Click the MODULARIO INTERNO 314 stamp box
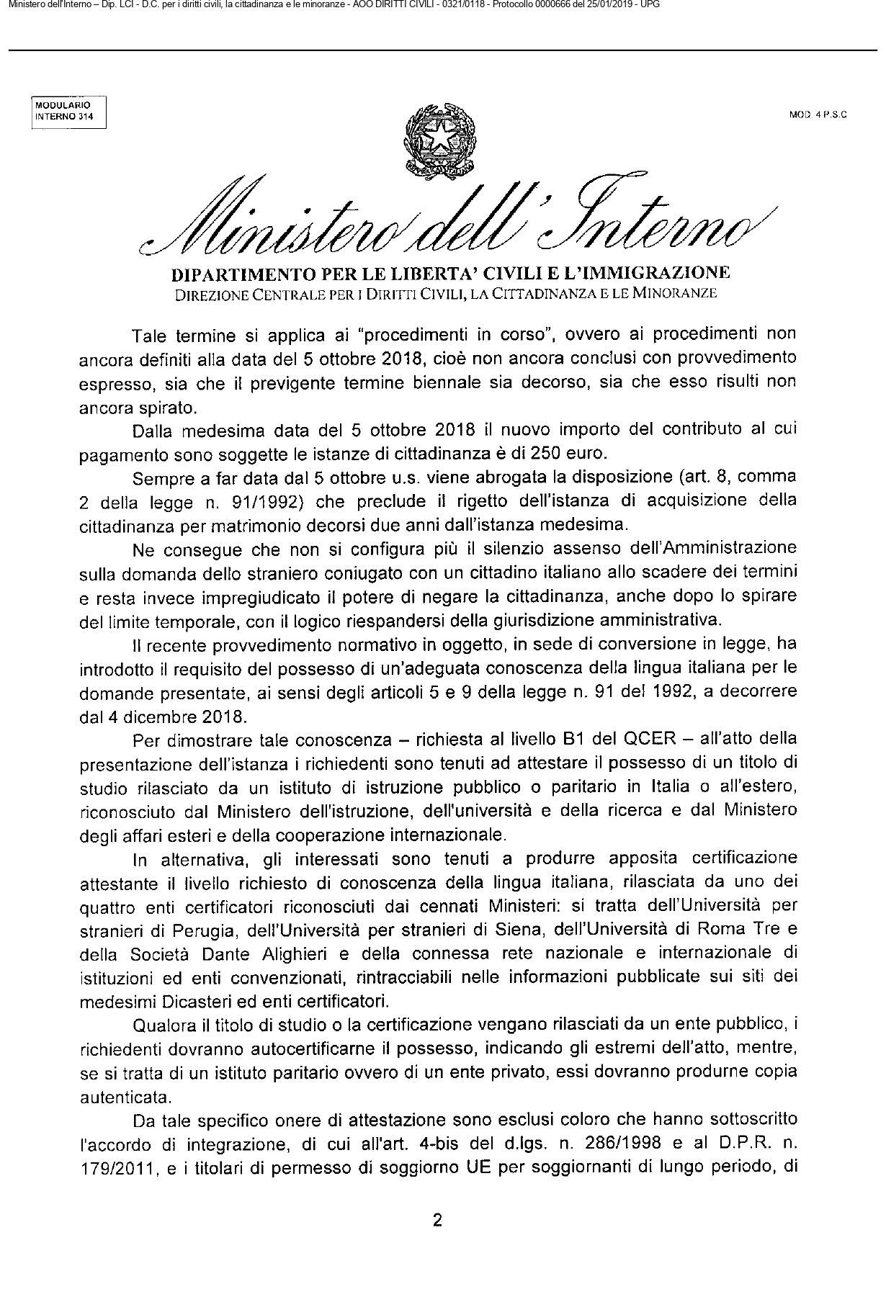pos(69,112)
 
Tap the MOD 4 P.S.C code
pos(818,114)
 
